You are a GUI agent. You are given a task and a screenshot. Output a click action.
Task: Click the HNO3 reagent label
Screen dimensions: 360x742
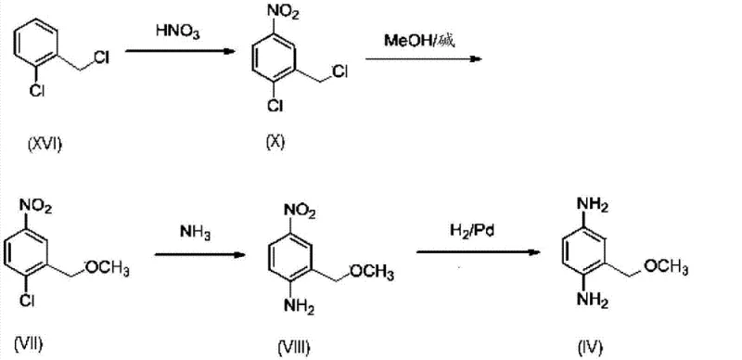[x=173, y=32]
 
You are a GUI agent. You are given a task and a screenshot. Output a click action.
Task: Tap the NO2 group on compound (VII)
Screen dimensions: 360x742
[x=36, y=208]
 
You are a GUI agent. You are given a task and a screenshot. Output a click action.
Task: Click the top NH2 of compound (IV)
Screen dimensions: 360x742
[x=592, y=203]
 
